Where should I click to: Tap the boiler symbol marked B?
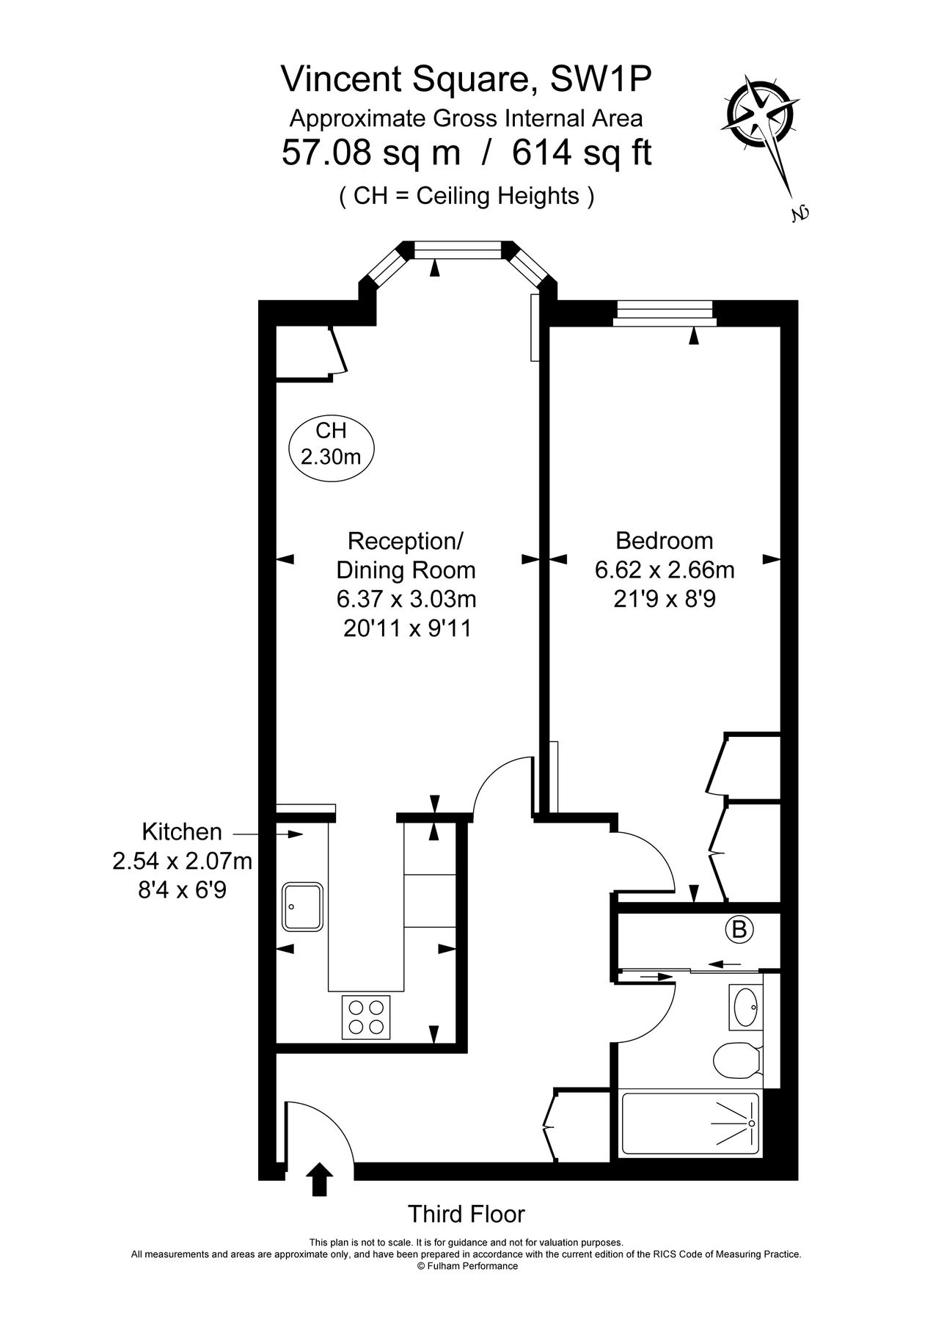click(739, 930)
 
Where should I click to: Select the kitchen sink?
click(302, 906)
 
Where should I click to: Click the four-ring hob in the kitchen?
click(365, 1017)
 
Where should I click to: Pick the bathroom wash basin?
click(746, 1006)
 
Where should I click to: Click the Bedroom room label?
click(664, 541)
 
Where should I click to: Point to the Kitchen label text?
click(181, 831)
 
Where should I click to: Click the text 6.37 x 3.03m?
click(406, 600)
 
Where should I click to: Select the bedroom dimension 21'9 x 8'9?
click(664, 600)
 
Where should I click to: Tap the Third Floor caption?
click(466, 1215)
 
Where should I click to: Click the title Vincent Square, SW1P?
click(466, 80)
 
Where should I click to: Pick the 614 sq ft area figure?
click(582, 153)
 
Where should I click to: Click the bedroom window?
click(665, 312)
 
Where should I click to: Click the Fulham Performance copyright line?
click(466, 1266)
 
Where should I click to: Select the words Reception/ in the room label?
click(406, 542)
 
